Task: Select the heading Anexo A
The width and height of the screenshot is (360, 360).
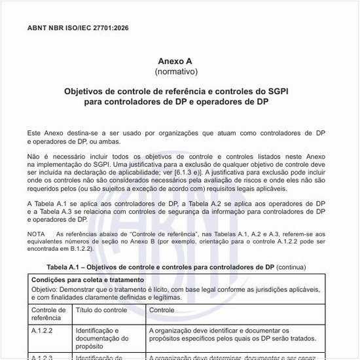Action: point(175,60)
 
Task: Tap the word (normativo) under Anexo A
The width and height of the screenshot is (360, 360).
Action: point(175,70)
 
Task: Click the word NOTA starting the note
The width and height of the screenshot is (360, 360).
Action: point(36,234)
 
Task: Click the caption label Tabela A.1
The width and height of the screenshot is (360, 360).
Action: point(66,267)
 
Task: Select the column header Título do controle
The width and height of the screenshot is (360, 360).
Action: point(101,310)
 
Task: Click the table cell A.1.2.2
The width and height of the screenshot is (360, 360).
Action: point(42,331)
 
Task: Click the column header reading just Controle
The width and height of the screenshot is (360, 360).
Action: point(162,310)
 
